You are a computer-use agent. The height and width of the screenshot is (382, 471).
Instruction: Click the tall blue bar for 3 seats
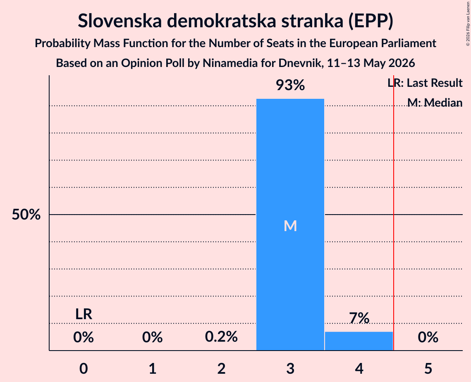pyautogui.click(x=290, y=224)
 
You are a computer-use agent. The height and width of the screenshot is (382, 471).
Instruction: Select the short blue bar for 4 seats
pyautogui.click(x=359, y=341)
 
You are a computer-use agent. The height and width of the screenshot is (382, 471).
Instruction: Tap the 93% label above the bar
pyautogui.click(x=290, y=85)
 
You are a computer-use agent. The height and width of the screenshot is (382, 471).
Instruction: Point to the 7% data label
pyautogui.click(x=359, y=318)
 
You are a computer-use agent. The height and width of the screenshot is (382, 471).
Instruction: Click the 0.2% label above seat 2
pyautogui.click(x=221, y=337)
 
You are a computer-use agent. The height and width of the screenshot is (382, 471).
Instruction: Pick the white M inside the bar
pyautogui.click(x=290, y=226)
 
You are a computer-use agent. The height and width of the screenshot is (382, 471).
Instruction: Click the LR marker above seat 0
pyautogui.click(x=84, y=314)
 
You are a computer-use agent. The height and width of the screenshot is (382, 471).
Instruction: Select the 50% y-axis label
pyautogui.click(x=26, y=215)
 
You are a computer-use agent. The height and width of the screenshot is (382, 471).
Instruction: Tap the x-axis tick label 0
pyautogui.click(x=84, y=368)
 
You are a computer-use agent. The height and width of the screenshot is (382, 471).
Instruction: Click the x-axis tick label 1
pyautogui.click(x=153, y=368)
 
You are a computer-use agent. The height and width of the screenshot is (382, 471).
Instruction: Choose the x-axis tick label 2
pyautogui.click(x=221, y=368)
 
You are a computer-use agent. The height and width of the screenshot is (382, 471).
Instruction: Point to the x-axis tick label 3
pyautogui.click(x=290, y=368)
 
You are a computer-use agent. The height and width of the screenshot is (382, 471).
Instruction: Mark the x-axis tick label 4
pyautogui.click(x=359, y=368)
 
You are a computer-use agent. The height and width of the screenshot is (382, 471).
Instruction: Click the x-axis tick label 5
pyautogui.click(x=428, y=368)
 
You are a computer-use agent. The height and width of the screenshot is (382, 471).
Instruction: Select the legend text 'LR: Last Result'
pyautogui.click(x=425, y=83)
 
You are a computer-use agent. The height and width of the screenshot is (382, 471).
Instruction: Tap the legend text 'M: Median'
pyautogui.click(x=435, y=103)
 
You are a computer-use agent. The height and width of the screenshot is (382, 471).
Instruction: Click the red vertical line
pyautogui.click(x=394, y=212)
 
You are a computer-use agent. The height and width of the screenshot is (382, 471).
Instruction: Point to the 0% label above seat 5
pyautogui.click(x=428, y=337)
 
